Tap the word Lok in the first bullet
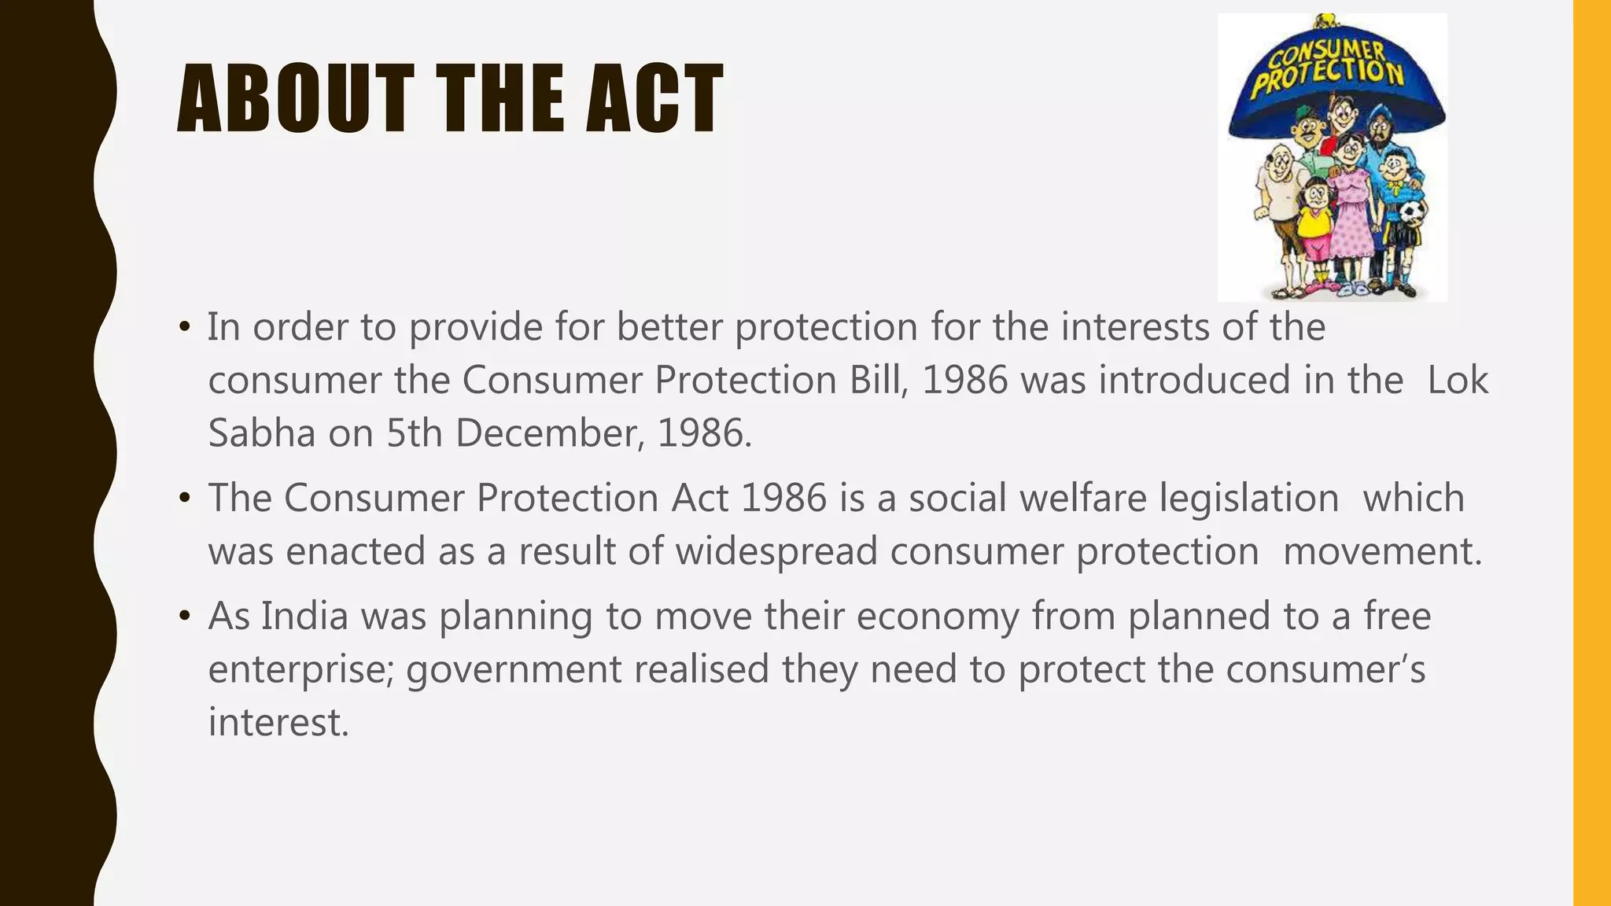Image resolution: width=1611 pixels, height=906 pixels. (x=1458, y=381)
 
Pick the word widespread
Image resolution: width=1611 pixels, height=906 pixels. (x=776, y=551)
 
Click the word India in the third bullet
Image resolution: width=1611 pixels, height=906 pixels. (x=304, y=616)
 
